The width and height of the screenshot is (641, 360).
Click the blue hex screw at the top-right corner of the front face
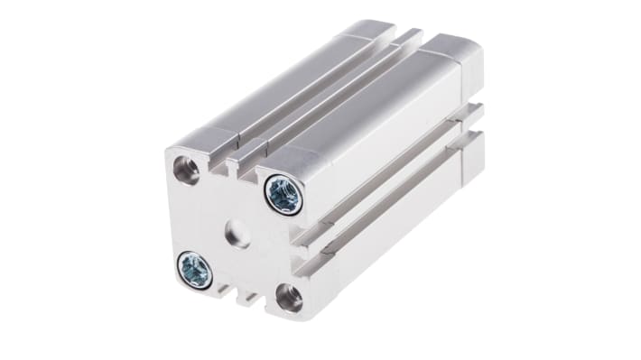[x=283, y=194]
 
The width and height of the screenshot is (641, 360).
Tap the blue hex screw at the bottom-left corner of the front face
[x=195, y=268]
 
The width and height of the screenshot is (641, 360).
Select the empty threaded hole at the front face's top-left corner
[x=187, y=170]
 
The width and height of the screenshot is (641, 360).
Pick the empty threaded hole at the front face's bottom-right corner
[x=289, y=297]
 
